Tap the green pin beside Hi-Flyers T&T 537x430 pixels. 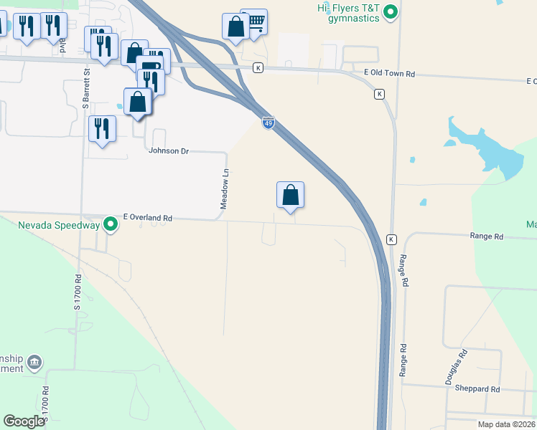click(391, 11)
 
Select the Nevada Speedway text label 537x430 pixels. click(59, 225)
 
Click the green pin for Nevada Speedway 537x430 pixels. click(111, 225)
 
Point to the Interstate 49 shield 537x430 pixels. click(268, 123)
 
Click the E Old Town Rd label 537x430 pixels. click(390, 73)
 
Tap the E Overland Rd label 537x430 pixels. click(148, 217)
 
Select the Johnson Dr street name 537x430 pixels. click(168, 151)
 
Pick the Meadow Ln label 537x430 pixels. click(225, 189)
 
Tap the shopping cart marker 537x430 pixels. click(254, 22)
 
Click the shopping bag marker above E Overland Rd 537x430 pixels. click(290, 195)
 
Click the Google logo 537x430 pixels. click(24, 421)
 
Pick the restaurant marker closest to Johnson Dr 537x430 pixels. click(102, 130)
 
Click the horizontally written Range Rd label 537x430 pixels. click(487, 236)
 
